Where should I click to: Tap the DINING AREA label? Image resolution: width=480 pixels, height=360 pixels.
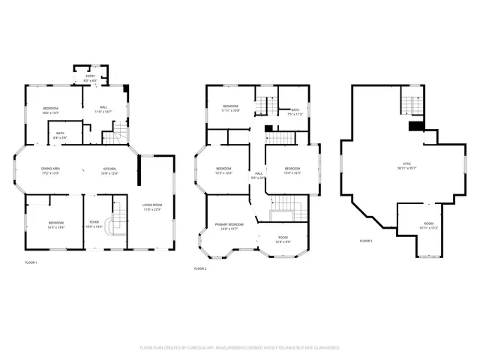coord(51,169)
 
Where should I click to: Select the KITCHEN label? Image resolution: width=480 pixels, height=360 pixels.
coord(109,169)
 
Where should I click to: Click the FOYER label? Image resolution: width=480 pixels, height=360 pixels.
coord(94,223)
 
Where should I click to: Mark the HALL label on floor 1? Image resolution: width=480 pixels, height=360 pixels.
coord(103,107)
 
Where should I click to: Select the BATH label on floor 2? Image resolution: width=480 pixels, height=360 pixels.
coord(295,110)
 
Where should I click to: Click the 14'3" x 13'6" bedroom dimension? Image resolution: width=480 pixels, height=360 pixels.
coord(57,226)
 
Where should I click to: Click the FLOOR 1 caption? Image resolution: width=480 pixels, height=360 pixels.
coord(31,262)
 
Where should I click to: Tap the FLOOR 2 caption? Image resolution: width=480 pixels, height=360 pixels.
coord(200,268)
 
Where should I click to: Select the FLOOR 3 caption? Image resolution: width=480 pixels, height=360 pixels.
coord(366,241)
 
